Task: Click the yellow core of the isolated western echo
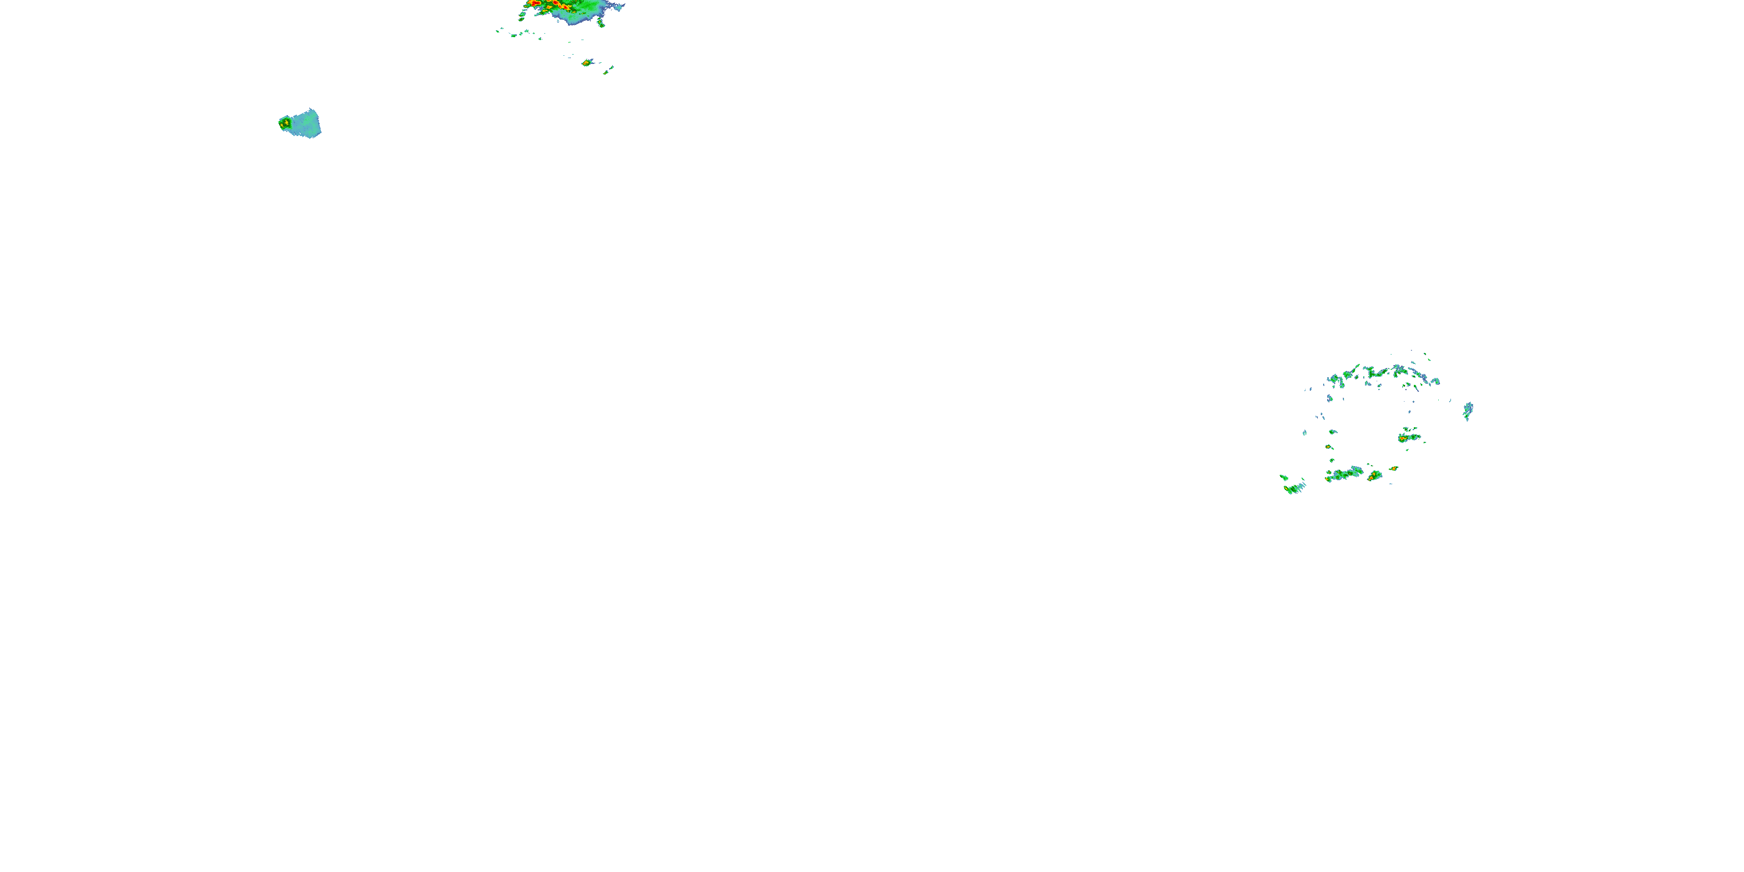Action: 285,123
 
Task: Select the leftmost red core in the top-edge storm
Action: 535,3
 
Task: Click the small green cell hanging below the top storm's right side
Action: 601,24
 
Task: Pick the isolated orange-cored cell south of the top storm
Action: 587,63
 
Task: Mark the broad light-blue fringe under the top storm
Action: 572,17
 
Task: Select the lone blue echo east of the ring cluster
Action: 1468,410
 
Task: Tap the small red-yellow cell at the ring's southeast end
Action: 1393,469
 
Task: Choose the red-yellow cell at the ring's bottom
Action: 1374,477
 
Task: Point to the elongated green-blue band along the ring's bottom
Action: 1344,474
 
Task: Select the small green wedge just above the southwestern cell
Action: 1284,478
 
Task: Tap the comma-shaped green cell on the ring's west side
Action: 1332,432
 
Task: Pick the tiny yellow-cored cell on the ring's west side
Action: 1329,447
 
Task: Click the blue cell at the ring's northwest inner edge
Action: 1330,398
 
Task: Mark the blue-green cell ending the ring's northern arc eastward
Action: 1435,381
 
